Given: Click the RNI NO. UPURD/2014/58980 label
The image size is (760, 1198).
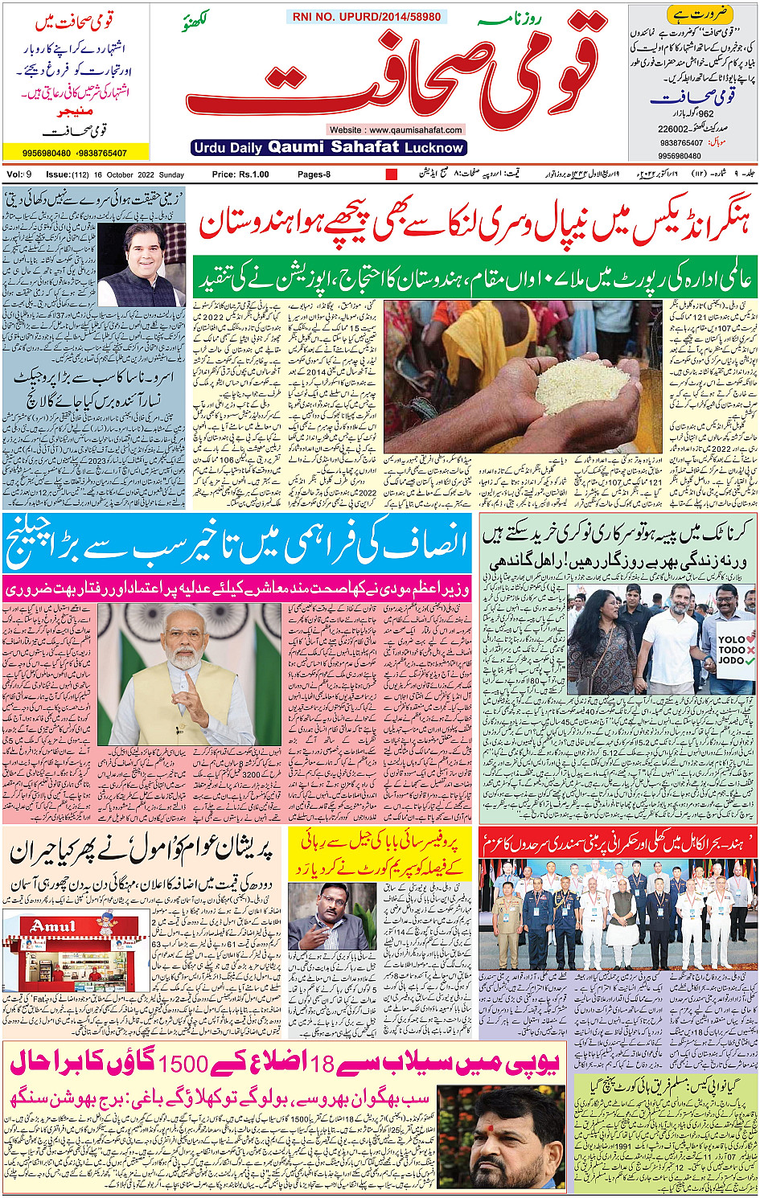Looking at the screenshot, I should (x=367, y=16).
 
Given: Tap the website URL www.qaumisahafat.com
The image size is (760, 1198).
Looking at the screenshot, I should (x=396, y=129).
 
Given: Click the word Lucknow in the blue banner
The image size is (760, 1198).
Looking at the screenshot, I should (x=434, y=148).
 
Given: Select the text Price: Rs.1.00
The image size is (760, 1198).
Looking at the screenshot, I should (x=240, y=174).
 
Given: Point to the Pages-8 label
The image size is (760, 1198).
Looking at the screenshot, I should (x=314, y=174).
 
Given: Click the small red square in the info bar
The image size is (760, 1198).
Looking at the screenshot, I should (x=392, y=174).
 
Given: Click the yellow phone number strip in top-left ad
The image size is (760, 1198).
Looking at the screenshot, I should (x=75, y=153).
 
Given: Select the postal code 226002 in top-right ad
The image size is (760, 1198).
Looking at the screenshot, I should (x=673, y=129).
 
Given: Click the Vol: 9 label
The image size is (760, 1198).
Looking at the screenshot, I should (x=18, y=174).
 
